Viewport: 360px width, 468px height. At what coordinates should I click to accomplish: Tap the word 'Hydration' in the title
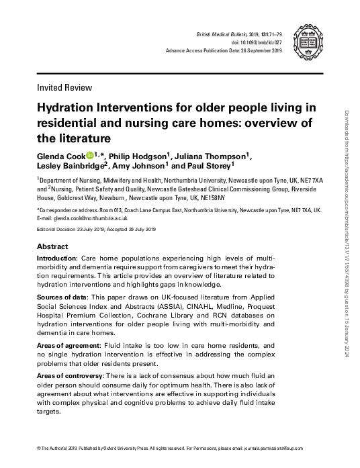[73, 109]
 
